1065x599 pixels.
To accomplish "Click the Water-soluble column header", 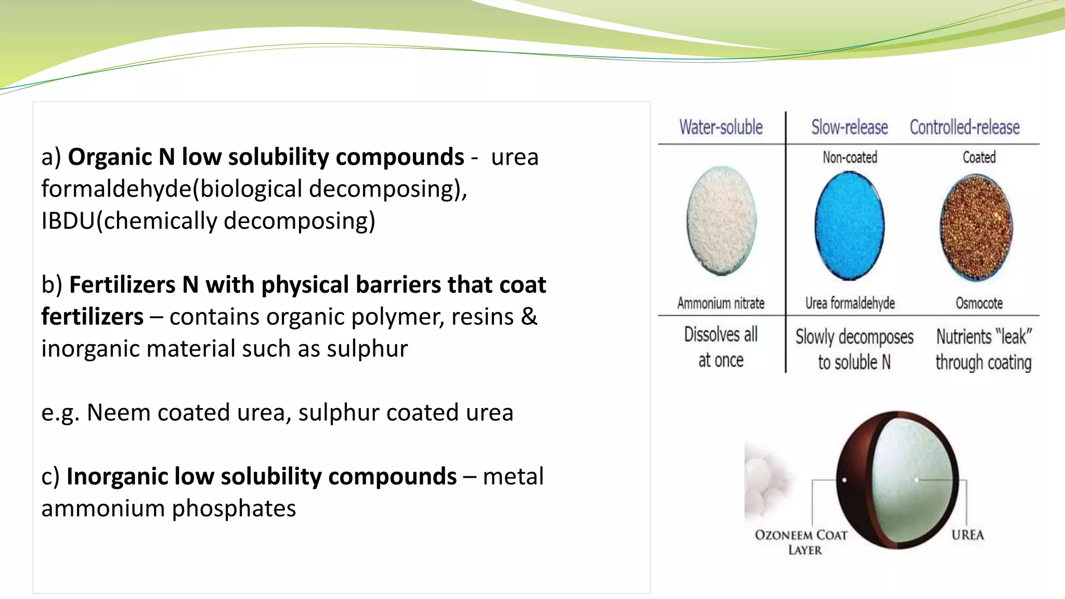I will (721, 127).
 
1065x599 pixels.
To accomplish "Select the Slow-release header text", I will (849, 127).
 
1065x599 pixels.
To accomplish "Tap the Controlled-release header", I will (964, 127).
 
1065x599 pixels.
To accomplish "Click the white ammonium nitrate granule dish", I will (721, 220).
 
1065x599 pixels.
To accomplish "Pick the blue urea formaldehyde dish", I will (849, 226).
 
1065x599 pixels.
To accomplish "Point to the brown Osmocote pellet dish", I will (976, 227).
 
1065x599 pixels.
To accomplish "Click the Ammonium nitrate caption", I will (721, 303).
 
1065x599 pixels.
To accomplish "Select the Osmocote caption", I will (979, 303).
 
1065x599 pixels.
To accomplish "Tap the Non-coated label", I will (850, 158).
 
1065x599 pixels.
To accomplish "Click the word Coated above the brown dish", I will (979, 158).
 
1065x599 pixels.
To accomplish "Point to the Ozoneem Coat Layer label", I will (801, 542).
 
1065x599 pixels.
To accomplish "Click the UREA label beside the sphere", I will (967, 535).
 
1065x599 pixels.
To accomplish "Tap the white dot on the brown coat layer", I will (845, 480).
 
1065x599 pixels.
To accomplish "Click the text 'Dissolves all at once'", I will (721, 347).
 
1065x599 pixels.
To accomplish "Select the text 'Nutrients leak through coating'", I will (983, 349).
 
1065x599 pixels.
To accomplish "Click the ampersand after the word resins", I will (529, 317).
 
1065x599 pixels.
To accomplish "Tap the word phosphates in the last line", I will (233, 509).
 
